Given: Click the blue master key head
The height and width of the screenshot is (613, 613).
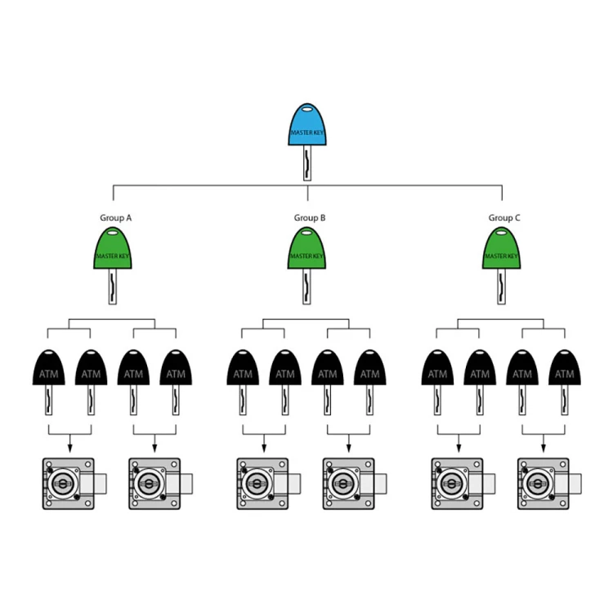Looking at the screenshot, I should click(306, 126).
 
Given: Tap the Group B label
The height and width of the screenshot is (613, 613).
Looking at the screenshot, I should click(310, 218).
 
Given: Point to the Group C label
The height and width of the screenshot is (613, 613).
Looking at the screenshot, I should click(504, 218).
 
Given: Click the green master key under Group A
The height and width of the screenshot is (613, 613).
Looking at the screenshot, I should click(114, 249).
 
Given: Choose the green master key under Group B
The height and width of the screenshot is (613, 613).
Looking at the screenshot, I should click(306, 249).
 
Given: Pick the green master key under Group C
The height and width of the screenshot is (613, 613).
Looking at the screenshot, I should click(500, 249).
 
